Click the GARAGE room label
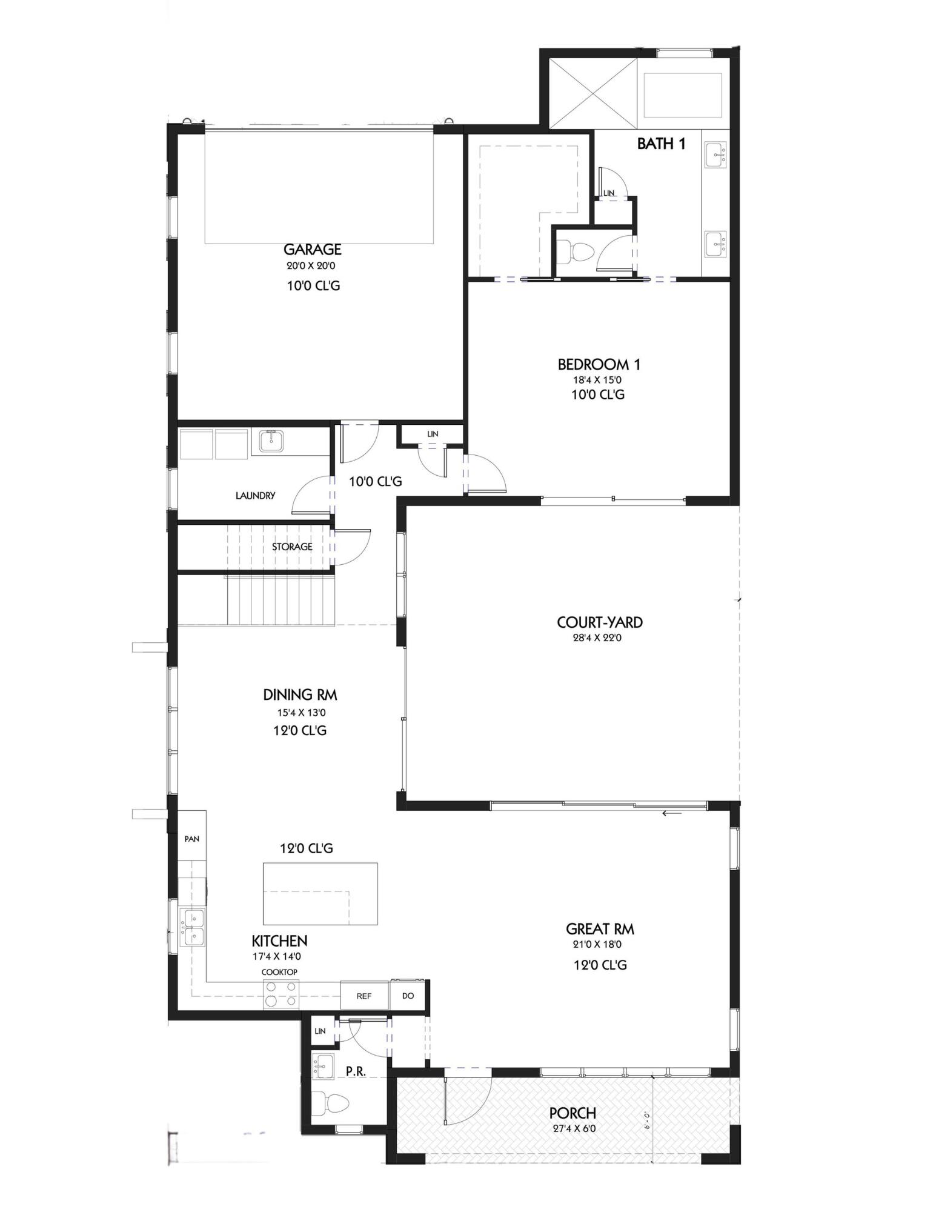(x=312, y=249)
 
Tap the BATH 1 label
(x=661, y=144)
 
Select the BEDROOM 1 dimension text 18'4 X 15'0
(x=599, y=380)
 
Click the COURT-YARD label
(x=599, y=622)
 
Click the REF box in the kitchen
(x=363, y=996)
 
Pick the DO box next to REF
(x=408, y=996)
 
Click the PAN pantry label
(x=191, y=839)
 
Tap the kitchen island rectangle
(x=320, y=893)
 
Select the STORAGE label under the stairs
(x=291, y=547)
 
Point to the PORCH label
(x=572, y=1113)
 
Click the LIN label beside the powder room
(x=320, y=1031)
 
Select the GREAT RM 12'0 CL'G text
(x=600, y=965)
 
